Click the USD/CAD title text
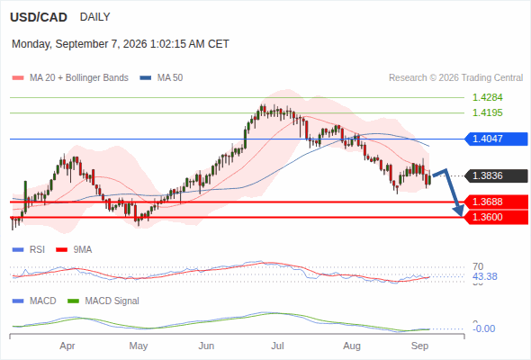(x=39, y=17)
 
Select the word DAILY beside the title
(x=94, y=17)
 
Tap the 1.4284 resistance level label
(x=487, y=97)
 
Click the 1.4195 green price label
(x=487, y=112)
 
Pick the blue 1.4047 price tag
(x=496, y=139)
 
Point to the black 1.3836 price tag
(x=496, y=175)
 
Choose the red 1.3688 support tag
(x=496, y=202)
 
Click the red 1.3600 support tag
(x=496, y=217)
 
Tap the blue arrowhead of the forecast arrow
(x=459, y=211)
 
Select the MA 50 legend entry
(x=161, y=78)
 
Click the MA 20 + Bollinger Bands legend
(x=70, y=78)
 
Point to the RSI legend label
(x=29, y=249)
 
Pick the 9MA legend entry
(x=74, y=249)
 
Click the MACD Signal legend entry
(x=103, y=301)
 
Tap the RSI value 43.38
(x=485, y=276)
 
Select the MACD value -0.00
(x=483, y=328)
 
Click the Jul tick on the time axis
(x=277, y=346)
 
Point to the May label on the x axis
(x=139, y=346)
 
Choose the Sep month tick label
(x=420, y=346)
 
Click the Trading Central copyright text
(x=455, y=78)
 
